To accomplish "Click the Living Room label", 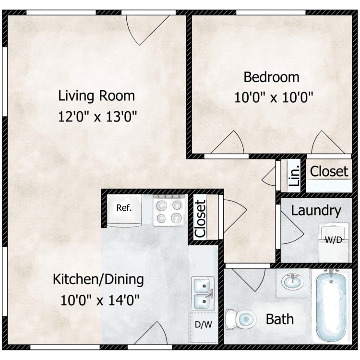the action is [96, 96].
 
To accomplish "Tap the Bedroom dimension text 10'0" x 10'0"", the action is [274, 98].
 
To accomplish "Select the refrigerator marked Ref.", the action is [124, 211].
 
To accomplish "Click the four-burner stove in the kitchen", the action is [169, 210].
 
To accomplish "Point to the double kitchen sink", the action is [203, 294].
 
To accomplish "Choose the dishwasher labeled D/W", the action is [204, 328].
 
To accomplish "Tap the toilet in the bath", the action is [240, 319].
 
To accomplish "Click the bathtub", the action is [331, 307].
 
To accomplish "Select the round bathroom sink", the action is [292, 282].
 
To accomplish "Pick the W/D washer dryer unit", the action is [334, 242].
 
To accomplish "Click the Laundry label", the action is [316, 211].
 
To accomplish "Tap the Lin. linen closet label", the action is [294, 176].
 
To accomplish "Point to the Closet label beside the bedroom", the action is [329, 171].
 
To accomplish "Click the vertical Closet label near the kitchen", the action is [200, 218].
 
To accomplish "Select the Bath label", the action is [280, 319].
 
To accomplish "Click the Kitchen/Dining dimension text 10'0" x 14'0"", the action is [100, 300].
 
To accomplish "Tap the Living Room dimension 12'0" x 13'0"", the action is [97, 117].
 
